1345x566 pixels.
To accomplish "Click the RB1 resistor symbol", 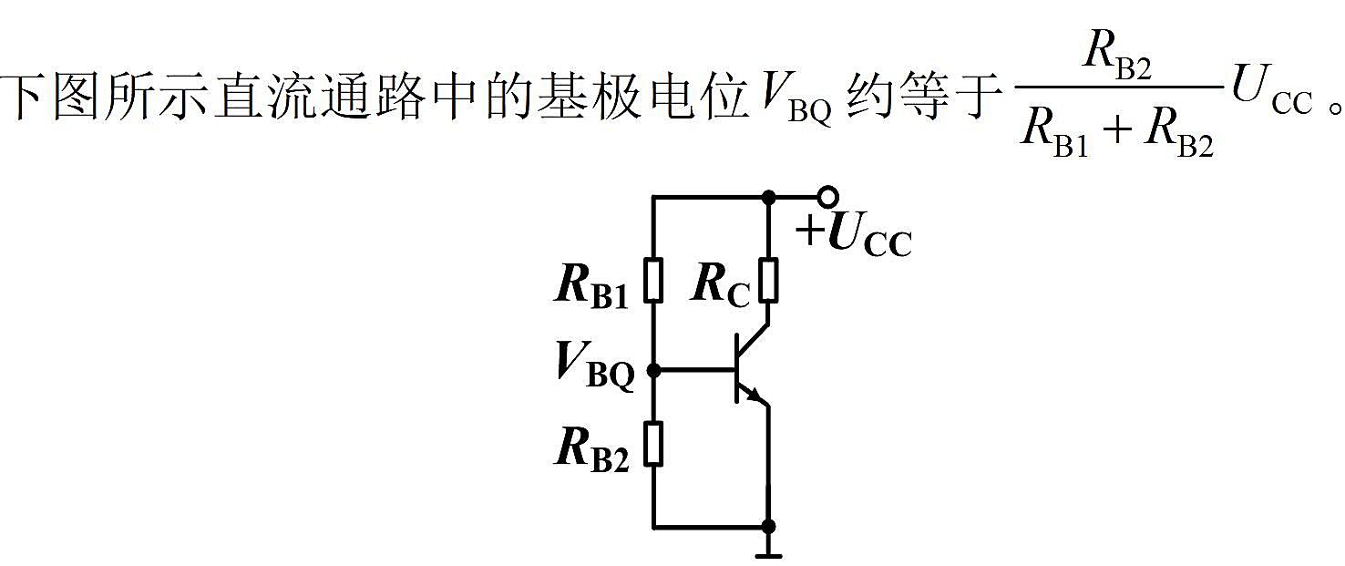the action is tap(653, 280).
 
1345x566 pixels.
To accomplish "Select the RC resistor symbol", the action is tap(768, 280).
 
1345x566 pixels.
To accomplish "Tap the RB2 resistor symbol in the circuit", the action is tap(653, 444).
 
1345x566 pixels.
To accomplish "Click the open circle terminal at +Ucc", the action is tap(828, 196).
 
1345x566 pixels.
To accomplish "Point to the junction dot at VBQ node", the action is tap(653, 371).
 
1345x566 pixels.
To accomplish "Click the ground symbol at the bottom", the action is tap(768, 550).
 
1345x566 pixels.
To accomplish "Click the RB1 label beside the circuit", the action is tap(590, 286).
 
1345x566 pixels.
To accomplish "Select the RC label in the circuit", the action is tap(721, 286).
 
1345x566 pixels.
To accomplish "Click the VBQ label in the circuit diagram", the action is tap(595, 366).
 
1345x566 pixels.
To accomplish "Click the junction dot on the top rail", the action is tap(768, 197).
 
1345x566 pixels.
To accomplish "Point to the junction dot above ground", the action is tap(768, 527).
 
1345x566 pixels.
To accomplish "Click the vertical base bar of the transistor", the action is tap(737, 369).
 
